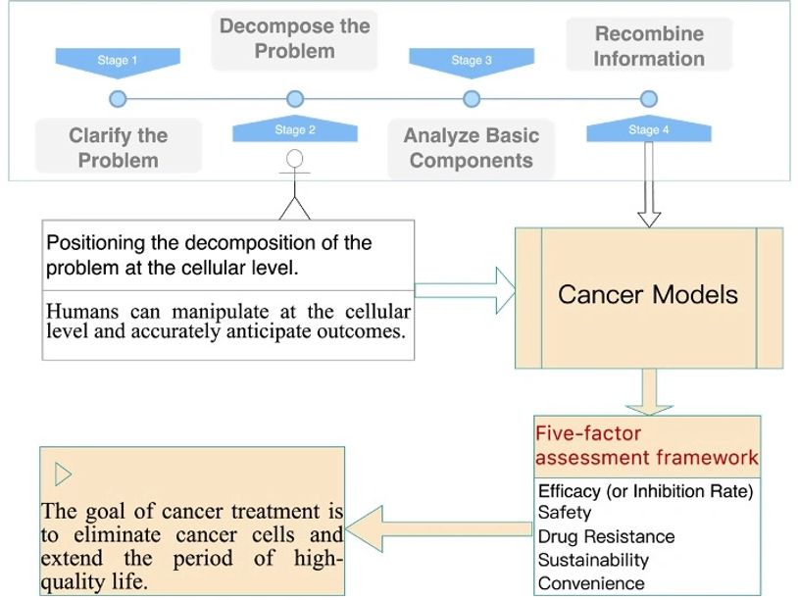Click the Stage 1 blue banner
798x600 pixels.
[x=118, y=62]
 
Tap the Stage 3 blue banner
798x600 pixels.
[x=472, y=62]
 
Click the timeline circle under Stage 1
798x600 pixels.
[x=118, y=99]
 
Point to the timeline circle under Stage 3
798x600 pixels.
[x=472, y=99]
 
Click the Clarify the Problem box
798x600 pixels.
[x=118, y=147]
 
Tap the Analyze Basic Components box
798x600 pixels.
[x=472, y=148]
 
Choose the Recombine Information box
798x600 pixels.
[x=649, y=45]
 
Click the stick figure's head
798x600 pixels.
[x=295, y=160]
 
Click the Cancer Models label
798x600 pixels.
[x=648, y=295]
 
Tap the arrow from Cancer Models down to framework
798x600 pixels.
[x=648, y=391]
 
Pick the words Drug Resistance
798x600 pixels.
[x=606, y=536]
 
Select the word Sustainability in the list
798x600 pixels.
[x=593, y=560]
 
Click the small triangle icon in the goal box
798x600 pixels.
[x=63, y=475]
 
